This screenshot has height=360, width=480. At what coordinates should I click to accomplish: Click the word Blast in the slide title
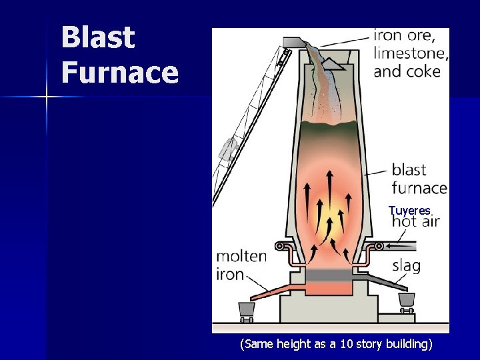coord(98,37)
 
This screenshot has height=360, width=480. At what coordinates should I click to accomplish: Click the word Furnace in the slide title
coord(120,72)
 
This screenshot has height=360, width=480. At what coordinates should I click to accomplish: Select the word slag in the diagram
coord(406,266)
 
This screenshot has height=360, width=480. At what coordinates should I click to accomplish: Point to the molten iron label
coord(241,265)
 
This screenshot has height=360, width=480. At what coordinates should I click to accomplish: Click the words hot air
coord(415,221)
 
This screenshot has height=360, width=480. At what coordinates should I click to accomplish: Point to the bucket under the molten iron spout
coord(246,309)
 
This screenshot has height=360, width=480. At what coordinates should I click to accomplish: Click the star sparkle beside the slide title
coord(47,97)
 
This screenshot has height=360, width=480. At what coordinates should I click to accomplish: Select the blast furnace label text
coord(419,179)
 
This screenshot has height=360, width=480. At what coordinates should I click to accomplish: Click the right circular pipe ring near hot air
coord(379,246)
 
